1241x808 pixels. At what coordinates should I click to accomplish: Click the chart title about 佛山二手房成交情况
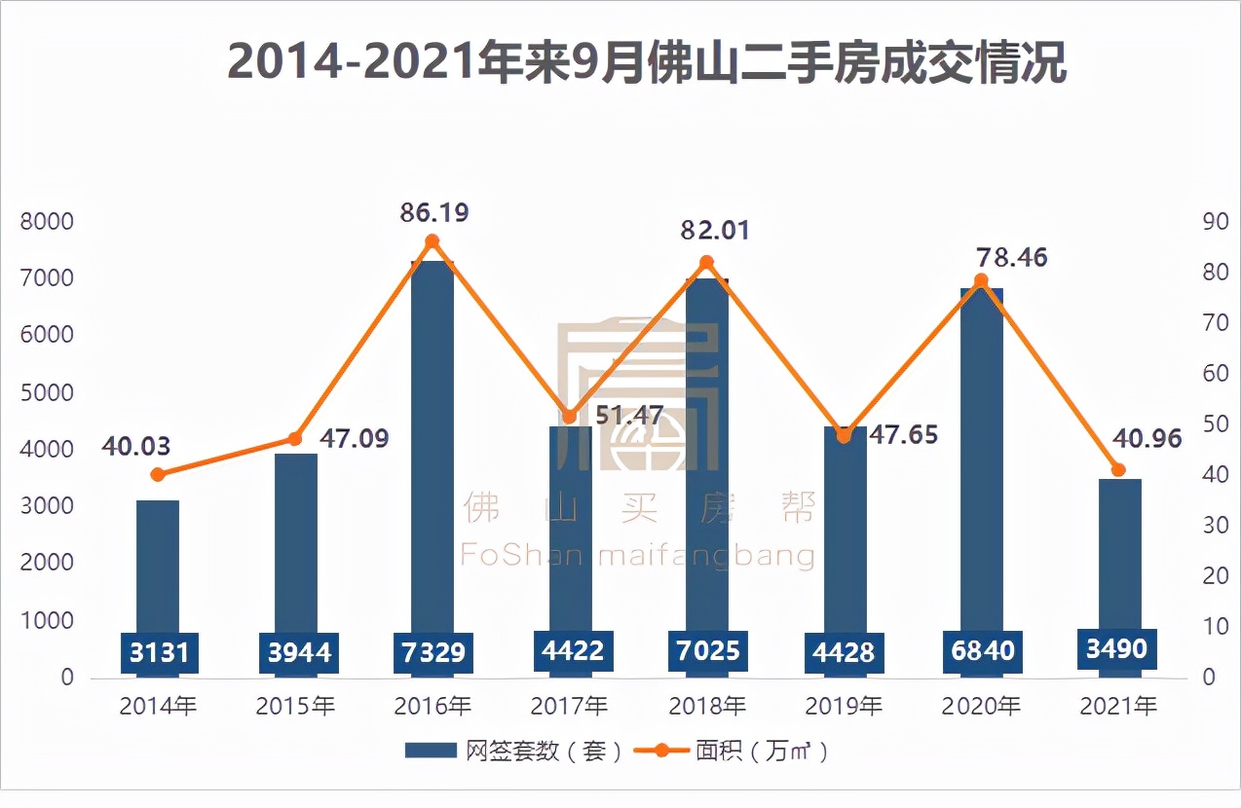tap(647, 63)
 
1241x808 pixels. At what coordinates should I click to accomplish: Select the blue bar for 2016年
tap(432, 438)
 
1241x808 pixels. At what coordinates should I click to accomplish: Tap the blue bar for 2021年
tap(1119, 555)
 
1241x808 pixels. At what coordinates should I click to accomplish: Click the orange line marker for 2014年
tap(158, 474)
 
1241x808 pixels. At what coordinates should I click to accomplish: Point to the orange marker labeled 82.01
tap(707, 262)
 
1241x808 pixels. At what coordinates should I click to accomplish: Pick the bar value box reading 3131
tap(159, 651)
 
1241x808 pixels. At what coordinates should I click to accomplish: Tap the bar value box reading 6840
tap(982, 650)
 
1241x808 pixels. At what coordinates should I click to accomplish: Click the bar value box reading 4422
tap(571, 649)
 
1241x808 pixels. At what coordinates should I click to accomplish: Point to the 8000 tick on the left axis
tap(47, 221)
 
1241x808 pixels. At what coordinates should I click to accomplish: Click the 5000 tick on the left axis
tap(47, 392)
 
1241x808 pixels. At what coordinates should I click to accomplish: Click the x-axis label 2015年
tap(295, 706)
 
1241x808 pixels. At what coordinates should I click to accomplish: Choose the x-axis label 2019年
tap(845, 706)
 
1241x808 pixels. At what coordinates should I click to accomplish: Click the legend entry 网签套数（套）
tap(513, 751)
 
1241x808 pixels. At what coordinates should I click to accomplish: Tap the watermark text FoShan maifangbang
tap(637, 556)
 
